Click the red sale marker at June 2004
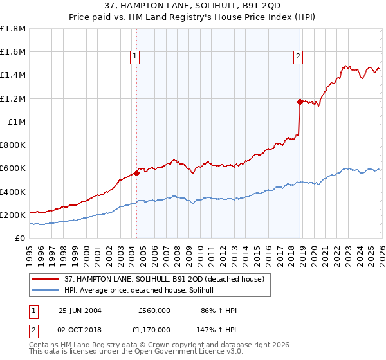point(136,172)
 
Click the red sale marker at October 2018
point(300,101)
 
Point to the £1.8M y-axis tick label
point(13,29)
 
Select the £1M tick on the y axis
point(17,122)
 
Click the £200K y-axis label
point(13,215)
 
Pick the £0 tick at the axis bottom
point(21,238)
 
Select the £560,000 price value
point(154,310)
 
